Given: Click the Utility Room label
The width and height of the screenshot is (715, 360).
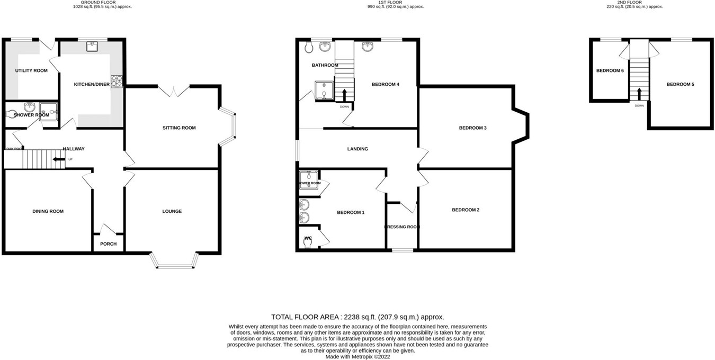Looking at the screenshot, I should pyautogui.click(x=31, y=71).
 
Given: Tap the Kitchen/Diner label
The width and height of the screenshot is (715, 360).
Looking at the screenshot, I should pyautogui.click(x=92, y=84).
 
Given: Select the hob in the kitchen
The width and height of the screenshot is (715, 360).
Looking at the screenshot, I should pyautogui.click(x=117, y=82).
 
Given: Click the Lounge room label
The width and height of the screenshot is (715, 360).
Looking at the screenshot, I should pyautogui.click(x=172, y=211).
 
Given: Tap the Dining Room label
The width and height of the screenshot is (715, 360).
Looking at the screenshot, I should pyautogui.click(x=48, y=211).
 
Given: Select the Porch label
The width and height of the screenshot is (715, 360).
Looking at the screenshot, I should pyautogui.click(x=108, y=244).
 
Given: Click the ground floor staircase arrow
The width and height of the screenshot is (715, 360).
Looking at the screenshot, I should pyautogui.click(x=56, y=159).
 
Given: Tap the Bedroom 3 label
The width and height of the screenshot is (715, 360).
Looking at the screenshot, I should pyautogui.click(x=472, y=128).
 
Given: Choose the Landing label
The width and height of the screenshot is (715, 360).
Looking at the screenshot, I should pyautogui.click(x=358, y=149).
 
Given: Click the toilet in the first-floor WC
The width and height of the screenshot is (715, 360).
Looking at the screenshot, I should pyautogui.click(x=308, y=241).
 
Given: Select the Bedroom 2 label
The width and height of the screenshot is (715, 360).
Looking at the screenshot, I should pyautogui.click(x=466, y=210).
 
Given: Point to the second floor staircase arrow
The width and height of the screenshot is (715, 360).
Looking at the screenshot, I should pyautogui.click(x=639, y=94).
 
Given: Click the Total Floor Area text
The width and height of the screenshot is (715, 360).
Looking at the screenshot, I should pyautogui.click(x=358, y=317).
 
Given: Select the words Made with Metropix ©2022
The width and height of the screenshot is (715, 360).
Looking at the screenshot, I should pyautogui.click(x=358, y=356).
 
